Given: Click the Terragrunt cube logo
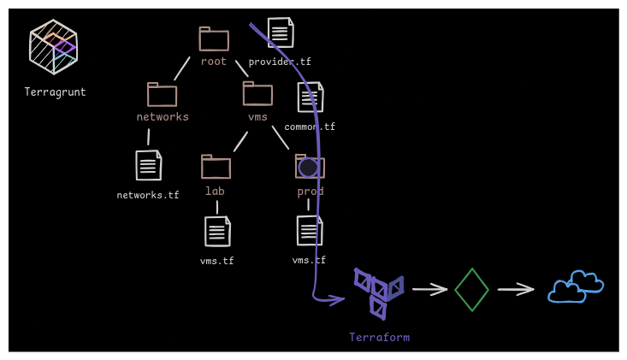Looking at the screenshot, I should click(x=53, y=46).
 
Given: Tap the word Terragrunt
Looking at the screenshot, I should click(x=55, y=92).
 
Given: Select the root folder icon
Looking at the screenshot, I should click(x=214, y=39).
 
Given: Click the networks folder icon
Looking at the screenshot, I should click(x=162, y=95).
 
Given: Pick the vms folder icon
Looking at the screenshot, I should click(x=257, y=93).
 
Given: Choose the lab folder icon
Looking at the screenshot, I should click(x=216, y=167).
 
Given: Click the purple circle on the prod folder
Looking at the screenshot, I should click(x=309, y=168).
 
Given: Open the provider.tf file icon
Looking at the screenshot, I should click(x=281, y=32).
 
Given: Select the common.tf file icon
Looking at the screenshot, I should click(x=311, y=97).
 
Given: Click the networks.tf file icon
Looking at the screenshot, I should click(x=148, y=165).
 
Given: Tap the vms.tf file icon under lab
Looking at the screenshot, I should click(x=217, y=231).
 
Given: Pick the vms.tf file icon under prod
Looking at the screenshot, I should click(x=310, y=230).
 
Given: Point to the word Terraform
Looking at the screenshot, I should click(x=379, y=337).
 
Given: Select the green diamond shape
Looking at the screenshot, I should click(x=471, y=290).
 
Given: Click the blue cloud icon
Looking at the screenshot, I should click(x=575, y=287).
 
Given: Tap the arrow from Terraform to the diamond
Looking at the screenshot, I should click(x=429, y=289).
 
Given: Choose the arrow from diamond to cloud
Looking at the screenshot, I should click(x=516, y=289).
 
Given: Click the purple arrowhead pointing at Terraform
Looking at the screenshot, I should click(x=338, y=299).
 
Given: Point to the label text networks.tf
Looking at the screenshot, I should click(x=148, y=195).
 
